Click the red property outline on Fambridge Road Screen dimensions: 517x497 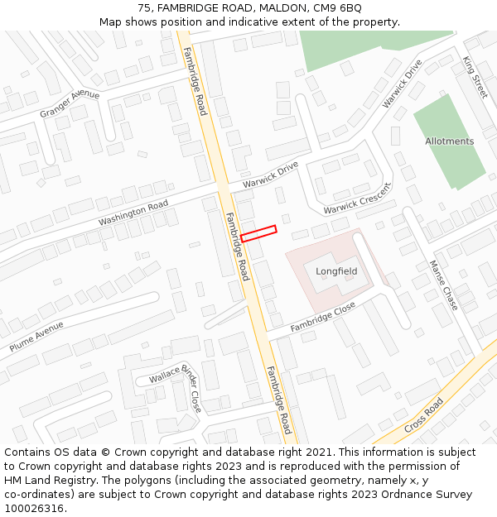258,233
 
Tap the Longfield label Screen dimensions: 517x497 336,271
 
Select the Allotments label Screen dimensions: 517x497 450,141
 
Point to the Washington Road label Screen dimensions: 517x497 133,213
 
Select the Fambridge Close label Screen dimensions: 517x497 322,318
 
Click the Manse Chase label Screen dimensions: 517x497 443,285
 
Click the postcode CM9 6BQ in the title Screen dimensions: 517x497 340,8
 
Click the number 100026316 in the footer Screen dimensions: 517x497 34,508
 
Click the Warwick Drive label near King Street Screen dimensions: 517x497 402,84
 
